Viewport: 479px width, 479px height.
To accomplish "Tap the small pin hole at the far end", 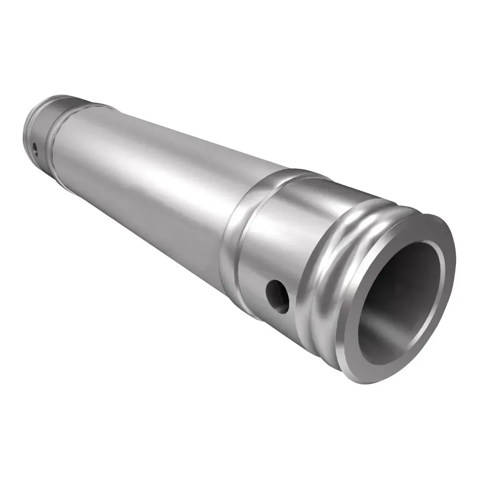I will coord(35,150).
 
